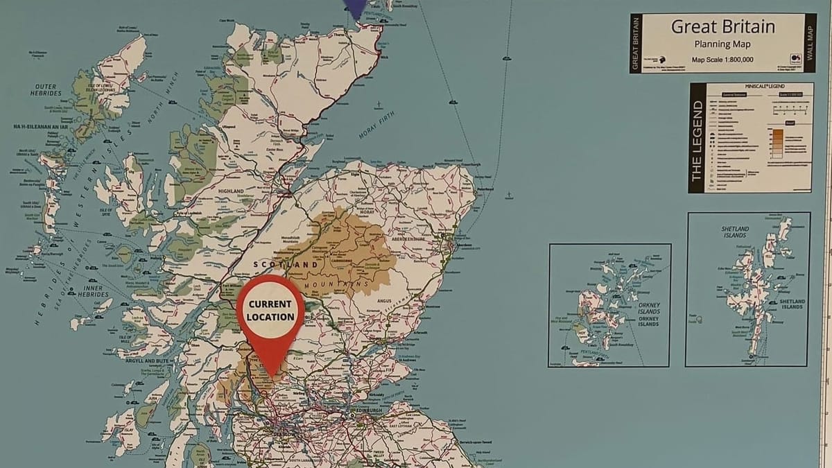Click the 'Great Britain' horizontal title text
coord(723,27)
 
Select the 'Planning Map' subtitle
coord(723,44)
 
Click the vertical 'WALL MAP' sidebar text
coord(810,42)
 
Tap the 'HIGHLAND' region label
coord(231,191)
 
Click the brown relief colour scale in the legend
coord(777,139)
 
